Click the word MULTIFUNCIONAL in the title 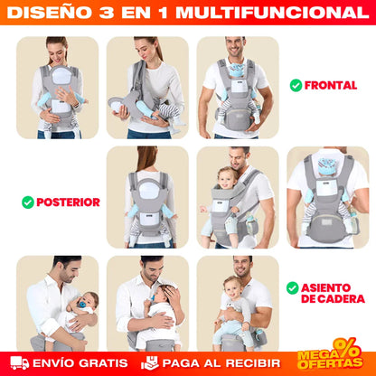coord(279,14)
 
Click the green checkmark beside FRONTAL coord(296,86)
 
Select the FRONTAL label coord(331,86)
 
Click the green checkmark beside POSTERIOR coord(27,202)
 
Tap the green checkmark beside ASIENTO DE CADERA coord(292,288)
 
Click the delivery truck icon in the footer coord(20,363)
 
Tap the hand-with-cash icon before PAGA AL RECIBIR coord(150,363)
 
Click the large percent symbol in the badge coord(347,348)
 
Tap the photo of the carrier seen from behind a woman coord(147,197)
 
